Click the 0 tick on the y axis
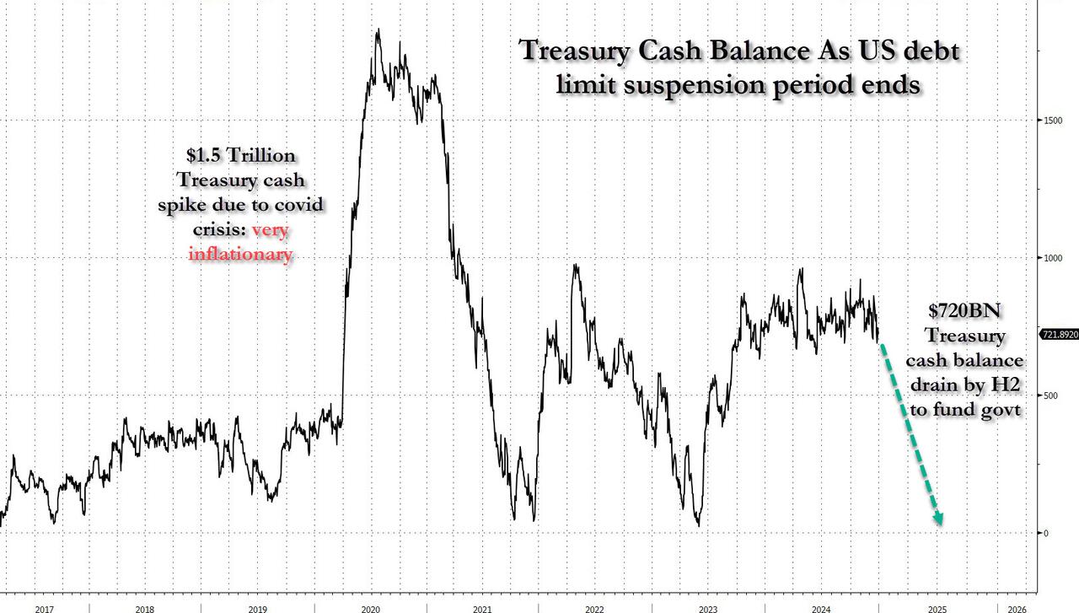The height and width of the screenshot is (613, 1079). pyautogui.click(x=1044, y=533)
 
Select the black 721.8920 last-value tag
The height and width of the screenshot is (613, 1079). pyautogui.click(x=1059, y=335)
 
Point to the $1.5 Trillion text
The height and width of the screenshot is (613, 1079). pyautogui.click(x=241, y=156)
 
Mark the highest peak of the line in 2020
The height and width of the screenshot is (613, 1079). pyautogui.click(x=377, y=30)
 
